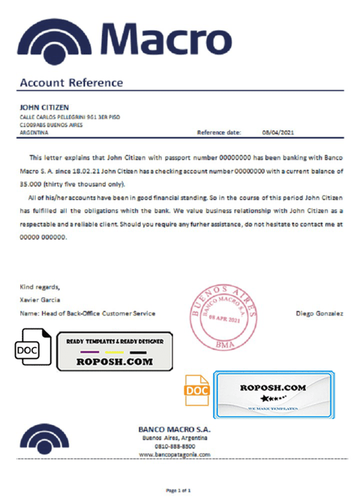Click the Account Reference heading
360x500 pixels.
click(x=71, y=83)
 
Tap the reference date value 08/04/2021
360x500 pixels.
click(x=278, y=132)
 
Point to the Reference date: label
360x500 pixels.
click(x=219, y=132)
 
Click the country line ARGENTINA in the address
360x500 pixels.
click(x=34, y=133)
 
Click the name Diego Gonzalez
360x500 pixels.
click(x=320, y=313)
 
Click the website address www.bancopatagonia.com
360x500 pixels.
click(x=175, y=455)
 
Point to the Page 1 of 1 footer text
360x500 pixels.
click(x=178, y=491)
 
